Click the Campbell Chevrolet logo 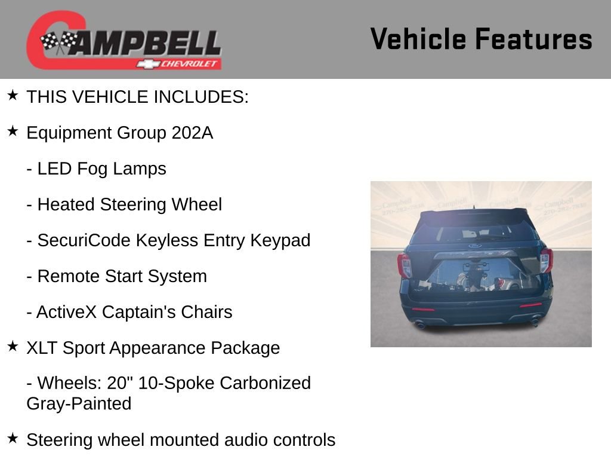(124, 41)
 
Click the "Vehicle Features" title (481, 39)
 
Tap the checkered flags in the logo (58, 42)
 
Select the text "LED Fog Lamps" (101, 169)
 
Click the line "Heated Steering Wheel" (129, 204)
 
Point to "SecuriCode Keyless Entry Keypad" (174, 240)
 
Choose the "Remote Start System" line (122, 276)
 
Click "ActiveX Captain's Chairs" (134, 312)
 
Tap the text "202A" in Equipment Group (192, 133)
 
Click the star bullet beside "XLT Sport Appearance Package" (13, 346)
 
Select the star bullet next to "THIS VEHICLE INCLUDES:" (13, 95)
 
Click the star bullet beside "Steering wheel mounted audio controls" (13, 438)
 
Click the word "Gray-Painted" (79, 404)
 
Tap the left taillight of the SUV (405, 265)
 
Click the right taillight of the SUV (546, 260)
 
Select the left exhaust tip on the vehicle (420, 326)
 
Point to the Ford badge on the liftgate (475, 246)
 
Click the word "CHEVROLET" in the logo (189, 64)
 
